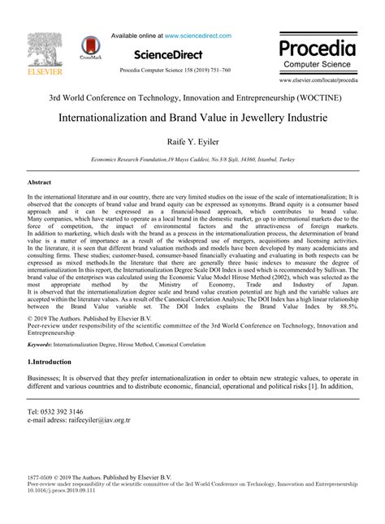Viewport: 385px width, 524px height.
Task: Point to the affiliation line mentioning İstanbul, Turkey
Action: [192, 161]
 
